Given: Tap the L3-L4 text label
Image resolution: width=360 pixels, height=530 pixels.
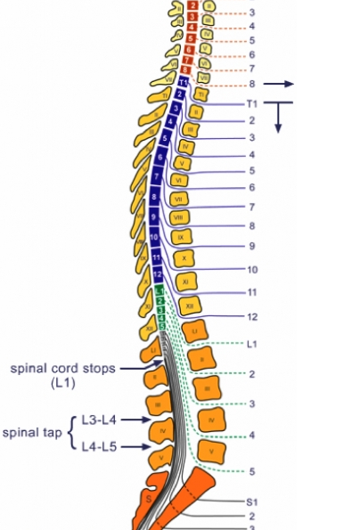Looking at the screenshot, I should coord(100,419).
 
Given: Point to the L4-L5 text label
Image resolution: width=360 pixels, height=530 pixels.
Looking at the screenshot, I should coord(100,447).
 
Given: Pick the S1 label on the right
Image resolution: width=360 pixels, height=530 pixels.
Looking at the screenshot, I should coord(252,502).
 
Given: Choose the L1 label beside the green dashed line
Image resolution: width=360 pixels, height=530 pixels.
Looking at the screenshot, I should coord(252,343).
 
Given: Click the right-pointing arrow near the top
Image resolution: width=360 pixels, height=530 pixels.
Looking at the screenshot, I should coord(279,84).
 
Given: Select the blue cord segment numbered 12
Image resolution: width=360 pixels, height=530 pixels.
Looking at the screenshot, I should coord(160,273).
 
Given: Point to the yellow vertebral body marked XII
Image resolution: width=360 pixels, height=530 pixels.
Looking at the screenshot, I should coord(189,305).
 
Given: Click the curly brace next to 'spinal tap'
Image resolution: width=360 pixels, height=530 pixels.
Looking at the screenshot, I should coord(71,432).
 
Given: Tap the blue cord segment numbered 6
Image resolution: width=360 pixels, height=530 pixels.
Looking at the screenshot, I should coord(160,159).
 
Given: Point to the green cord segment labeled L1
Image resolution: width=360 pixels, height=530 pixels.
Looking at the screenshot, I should coord(159,290).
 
